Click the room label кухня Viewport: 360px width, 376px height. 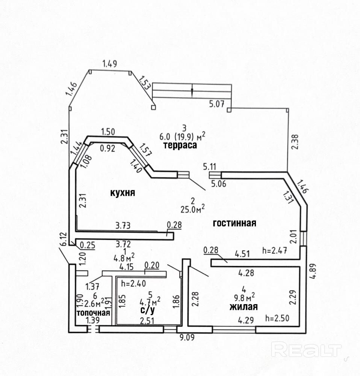pos(122,193)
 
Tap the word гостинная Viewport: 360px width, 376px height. pos(234,223)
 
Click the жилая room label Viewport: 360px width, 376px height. pos(244,307)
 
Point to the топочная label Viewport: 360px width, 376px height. pos(93,313)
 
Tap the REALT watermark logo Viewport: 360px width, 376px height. pos(306,350)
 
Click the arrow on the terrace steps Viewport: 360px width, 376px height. pos(192,91)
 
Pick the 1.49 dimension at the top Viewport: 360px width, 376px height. pos(110,64)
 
